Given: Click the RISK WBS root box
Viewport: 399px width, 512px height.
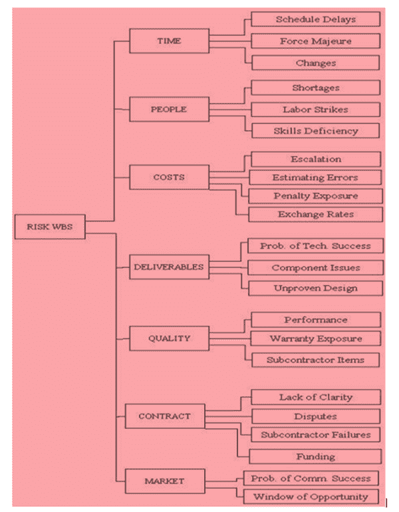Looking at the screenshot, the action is tap(50, 227).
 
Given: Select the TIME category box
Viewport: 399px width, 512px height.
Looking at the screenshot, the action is tap(169, 41).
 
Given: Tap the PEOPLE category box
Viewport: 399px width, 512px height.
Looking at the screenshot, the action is tap(169, 109).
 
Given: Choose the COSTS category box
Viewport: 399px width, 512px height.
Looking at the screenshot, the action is tap(169, 178).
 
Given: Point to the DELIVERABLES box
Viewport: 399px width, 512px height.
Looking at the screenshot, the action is tap(169, 267).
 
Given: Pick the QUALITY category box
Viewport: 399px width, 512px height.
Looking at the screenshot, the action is tap(169, 338).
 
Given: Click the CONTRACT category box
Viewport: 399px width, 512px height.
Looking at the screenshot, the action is tap(165, 416).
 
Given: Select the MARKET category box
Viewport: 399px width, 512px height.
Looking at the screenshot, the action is tap(165, 481).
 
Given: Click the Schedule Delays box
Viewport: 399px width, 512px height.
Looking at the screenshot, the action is tap(316, 19).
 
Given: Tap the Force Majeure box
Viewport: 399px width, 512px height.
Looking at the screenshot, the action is tap(316, 41).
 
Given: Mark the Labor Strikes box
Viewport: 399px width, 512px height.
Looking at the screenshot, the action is tap(316, 110).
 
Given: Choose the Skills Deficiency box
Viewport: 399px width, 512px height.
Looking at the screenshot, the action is tap(316, 130).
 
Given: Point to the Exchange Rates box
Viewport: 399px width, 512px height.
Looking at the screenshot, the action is tap(316, 214).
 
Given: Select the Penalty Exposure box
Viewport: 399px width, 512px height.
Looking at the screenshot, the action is tap(316, 196).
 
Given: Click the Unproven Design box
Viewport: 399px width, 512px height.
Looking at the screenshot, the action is tap(316, 289).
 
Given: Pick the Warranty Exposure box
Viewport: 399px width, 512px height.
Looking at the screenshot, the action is tap(316, 338).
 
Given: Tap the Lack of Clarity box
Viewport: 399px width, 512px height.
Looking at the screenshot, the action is tap(316, 397).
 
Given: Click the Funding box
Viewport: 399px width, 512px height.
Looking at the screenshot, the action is tap(315, 457).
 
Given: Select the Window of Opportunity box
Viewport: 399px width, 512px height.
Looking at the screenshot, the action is tap(311, 497).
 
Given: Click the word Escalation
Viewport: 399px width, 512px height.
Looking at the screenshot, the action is tap(316, 159).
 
